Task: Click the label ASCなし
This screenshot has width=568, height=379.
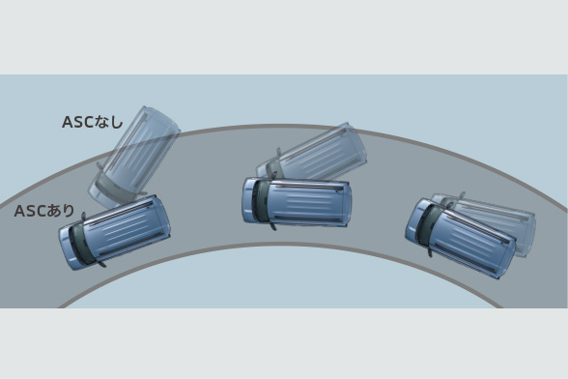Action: tap(93, 122)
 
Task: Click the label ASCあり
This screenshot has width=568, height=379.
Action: tap(44, 211)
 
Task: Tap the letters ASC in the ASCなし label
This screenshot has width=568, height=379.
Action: tap(78, 122)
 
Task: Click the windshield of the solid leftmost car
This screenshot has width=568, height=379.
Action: tap(80, 242)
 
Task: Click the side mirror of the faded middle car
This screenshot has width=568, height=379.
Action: tap(278, 151)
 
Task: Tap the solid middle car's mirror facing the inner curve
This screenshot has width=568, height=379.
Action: tap(273, 226)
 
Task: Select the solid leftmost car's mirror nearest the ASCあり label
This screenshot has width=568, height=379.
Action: tap(84, 217)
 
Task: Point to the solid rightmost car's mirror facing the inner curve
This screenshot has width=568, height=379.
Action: tap(430, 252)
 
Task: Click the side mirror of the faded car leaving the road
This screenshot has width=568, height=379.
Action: tap(99, 165)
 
